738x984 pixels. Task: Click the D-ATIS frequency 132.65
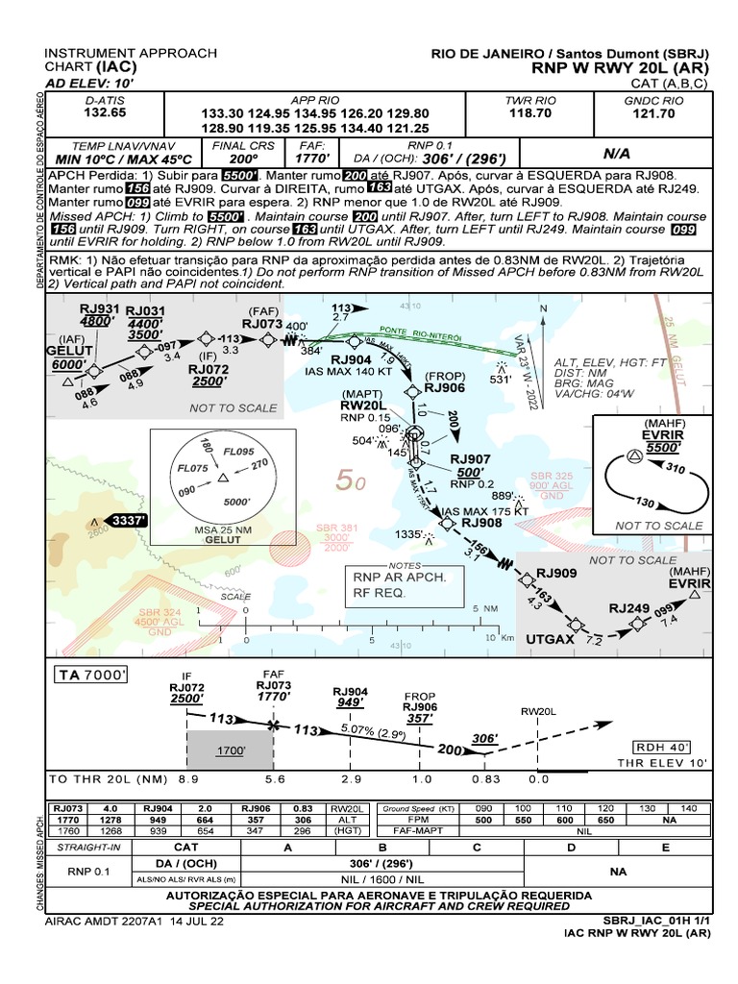[x=105, y=112]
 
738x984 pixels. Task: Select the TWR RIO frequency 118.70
[x=530, y=112]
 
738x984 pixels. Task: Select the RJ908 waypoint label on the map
[x=482, y=523]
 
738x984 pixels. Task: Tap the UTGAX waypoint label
[x=551, y=638]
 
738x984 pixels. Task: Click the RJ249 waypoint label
[x=630, y=607]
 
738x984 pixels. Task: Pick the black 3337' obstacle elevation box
[x=128, y=521]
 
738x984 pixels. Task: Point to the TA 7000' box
[x=92, y=676]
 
